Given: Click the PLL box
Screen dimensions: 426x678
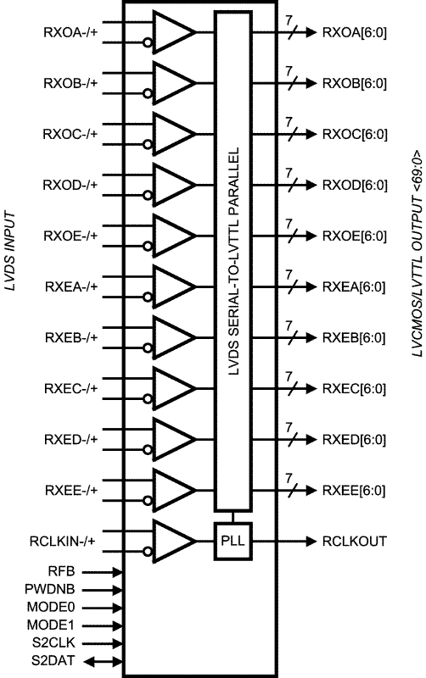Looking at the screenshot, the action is [233, 541].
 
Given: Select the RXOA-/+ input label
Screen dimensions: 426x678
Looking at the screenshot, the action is [70, 32].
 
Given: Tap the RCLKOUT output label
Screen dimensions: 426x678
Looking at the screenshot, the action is [354, 542].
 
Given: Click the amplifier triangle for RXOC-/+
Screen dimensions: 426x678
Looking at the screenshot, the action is [174, 134].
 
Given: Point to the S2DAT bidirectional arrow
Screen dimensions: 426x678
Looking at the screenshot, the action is [103, 661].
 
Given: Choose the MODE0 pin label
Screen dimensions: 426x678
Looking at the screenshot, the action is [51, 607].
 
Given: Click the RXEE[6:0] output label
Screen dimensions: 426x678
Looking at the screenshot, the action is [354, 491].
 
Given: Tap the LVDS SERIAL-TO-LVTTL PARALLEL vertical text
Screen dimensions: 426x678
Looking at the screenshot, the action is [233, 261].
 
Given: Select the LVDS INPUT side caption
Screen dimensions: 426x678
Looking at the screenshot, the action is [9, 251].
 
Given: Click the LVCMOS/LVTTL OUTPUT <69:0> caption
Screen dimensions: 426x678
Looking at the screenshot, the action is [417, 253].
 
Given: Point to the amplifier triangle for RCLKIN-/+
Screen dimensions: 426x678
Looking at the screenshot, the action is [174, 541].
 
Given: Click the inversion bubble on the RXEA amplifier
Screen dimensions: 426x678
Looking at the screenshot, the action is [148, 297].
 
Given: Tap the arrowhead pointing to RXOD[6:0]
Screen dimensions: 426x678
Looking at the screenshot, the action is [311, 185].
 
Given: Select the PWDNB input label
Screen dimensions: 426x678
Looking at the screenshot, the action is [50, 589].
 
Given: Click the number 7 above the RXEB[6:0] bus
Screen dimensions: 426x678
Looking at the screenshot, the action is [289, 325].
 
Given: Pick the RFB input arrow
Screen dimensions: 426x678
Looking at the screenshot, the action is [103, 572].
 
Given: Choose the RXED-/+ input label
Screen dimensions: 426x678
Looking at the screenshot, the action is [71, 440].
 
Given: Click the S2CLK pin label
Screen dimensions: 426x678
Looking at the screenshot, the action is [53, 642].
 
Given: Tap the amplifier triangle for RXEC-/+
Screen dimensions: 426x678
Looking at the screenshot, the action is [174, 388].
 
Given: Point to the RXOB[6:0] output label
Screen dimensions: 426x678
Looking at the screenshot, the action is [355, 83].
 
